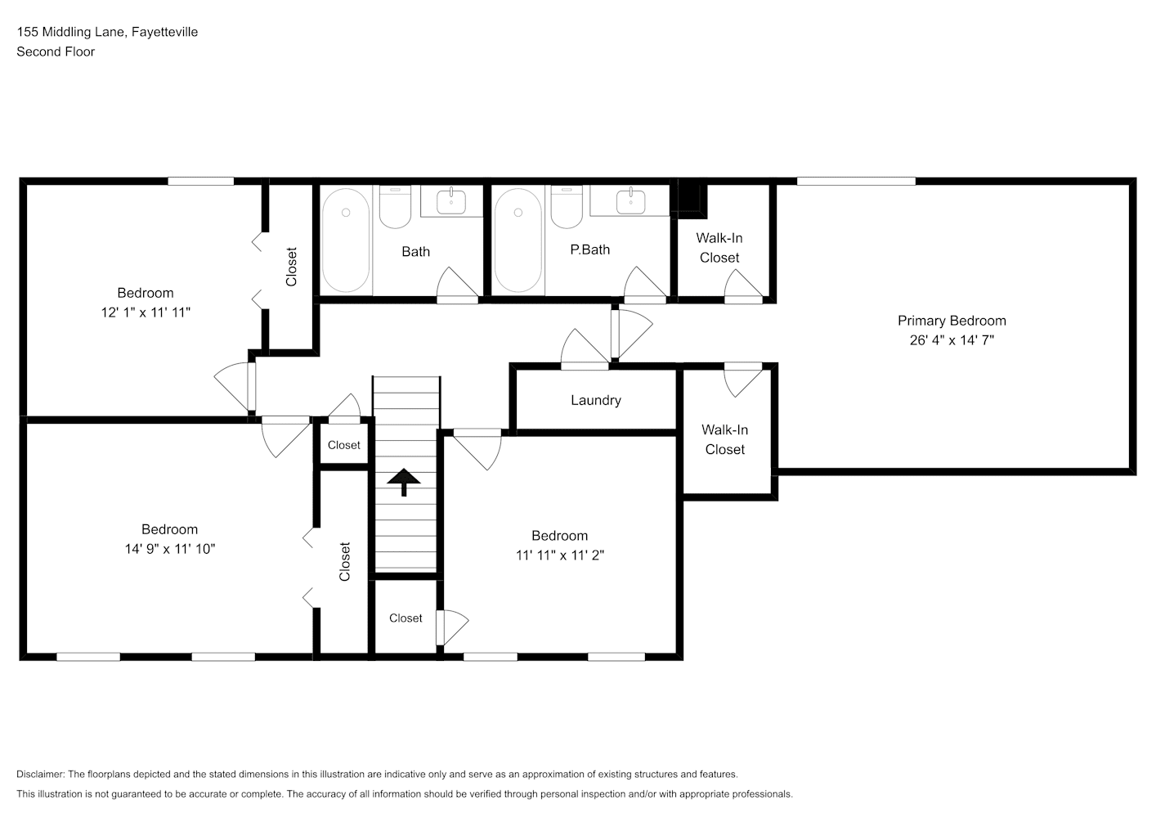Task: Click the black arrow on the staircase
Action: point(404,482)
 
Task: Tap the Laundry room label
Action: point(595,400)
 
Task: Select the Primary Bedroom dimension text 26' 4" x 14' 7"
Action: point(952,340)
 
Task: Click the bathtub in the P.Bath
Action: point(518,240)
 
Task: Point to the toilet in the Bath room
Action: point(396,207)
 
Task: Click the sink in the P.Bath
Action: point(630,201)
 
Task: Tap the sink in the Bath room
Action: point(451,201)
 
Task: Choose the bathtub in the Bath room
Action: point(346,240)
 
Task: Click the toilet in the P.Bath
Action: point(567,207)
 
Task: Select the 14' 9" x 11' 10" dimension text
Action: point(170,549)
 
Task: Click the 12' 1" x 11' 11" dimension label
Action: point(146,312)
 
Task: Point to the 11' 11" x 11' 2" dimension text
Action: point(560,555)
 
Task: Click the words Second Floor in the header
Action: point(56,52)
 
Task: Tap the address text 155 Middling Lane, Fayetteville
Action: point(107,32)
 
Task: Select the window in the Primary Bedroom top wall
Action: point(856,182)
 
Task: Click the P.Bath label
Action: point(590,250)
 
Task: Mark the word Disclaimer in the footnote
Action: point(40,774)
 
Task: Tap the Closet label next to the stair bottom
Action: point(405,618)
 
